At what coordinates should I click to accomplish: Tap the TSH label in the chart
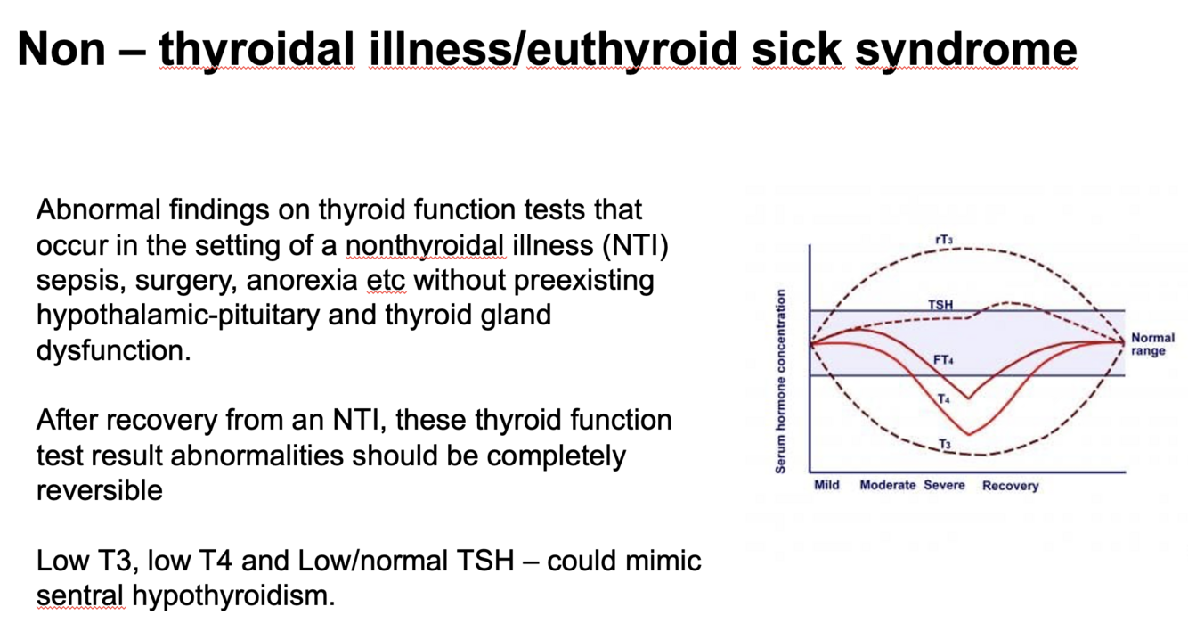tap(940, 305)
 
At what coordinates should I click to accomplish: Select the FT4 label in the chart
tap(943, 360)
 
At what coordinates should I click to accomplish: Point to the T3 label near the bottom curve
tap(944, 443)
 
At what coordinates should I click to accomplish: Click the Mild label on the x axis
tap(826, 486)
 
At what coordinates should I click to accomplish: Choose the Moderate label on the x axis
tap(887, 486)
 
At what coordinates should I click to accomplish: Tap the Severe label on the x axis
tap(944, 486)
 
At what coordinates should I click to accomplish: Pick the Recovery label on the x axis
tap(1010, 486)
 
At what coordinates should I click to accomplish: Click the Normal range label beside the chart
tap(1152, 344)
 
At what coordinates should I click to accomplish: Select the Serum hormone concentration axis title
tap(780, 381)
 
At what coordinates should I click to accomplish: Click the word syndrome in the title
tap(965, 50)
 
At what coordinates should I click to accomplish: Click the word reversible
tap(100, 490)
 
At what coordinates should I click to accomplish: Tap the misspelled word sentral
tap(82, 595)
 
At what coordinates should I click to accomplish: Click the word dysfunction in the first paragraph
tap(114, 350)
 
